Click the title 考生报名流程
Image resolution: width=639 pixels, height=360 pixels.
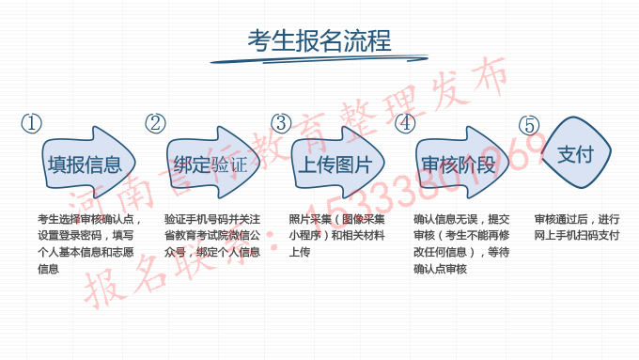pos(319,40)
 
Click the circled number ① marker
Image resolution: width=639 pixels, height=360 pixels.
pos(32,124)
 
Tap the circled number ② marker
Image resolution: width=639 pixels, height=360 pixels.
pos(156,124)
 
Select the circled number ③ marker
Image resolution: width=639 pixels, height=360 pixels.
pos(281,123)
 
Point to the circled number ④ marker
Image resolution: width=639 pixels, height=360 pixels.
pos(405,123)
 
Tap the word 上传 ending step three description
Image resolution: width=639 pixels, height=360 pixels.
pos(299,253)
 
